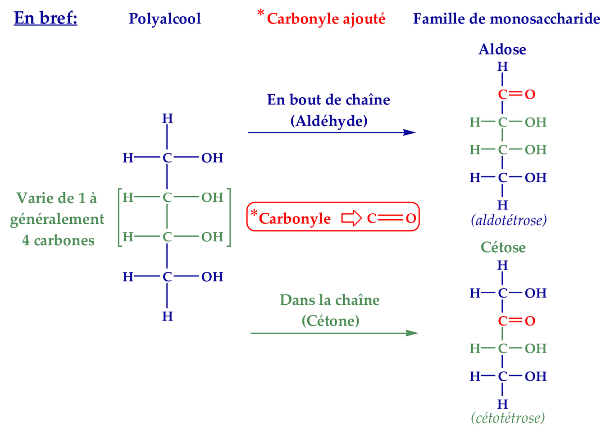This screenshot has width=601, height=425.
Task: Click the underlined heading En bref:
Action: pyautogui.click(x=46, y=18)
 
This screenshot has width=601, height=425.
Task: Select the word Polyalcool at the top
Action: pyautogui.click(x=164, y=19)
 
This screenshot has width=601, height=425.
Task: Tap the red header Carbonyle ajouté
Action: pyautogui.click(x=326, y=19)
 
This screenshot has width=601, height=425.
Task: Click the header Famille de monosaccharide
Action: pyautogui.click(x=506, y=19)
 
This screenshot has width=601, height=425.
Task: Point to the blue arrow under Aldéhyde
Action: pyautogui.click(x=332, y=132)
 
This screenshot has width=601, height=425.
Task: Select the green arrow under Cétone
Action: pyautogui.click(x=334, y=333)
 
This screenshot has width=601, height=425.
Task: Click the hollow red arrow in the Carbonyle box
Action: pyautogui.click(x=351, y=218)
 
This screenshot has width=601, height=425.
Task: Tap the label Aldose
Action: pyautogui.click(x=502, y=49)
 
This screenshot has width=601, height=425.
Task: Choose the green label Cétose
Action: pyautogui.click(x=503, y=247)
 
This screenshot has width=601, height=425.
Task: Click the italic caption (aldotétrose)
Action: pyautogui.click(x=509, y=220)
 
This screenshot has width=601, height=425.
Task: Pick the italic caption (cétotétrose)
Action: pyautogui.click(x=508, y=418)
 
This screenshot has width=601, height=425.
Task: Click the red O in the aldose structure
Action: pyautogui.click(x=530, y=95)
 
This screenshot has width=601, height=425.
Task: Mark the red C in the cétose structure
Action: pyautogui.click(x=503, y=321)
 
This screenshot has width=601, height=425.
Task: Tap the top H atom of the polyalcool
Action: pyautogui.click(x=167, y=118)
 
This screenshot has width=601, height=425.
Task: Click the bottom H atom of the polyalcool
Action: pyautogui.click(x=167, y=316)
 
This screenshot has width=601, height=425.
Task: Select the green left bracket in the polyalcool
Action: pyautogui.click(x=120, y=217)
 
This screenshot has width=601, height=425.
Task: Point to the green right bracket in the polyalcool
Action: pyautogui.click(x=229, y=217)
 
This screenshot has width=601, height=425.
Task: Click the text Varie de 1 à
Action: pyautogui.click(x=57, y=198)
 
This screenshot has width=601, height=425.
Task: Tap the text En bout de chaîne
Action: pyautogui.click(x=328, y=99)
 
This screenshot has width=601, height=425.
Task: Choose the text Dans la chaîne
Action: pyautogui.click(x=330, y=300)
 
